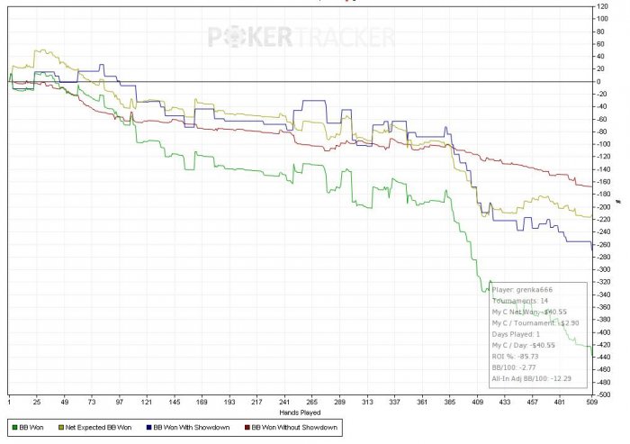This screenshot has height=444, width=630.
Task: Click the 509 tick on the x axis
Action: [590, 401]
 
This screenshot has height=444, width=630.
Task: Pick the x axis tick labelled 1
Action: [9, 401]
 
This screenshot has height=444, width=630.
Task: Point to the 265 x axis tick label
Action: [311, 401]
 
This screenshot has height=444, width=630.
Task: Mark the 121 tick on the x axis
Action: [146, 401]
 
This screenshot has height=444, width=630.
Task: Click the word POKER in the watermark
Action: [249, 37]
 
